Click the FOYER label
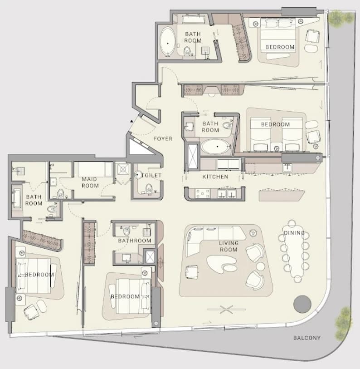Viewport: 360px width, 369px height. tap(163, 138)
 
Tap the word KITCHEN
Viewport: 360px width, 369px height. tap(215, 177)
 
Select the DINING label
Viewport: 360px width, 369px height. tap(294, 233)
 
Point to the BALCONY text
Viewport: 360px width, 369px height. tap(307, 338)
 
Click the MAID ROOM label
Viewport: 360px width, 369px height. tap(90, 182)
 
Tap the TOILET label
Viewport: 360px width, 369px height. tap(151, 175)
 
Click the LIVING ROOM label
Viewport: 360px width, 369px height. tap(229, 246)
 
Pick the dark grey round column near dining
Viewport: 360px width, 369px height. tap(302, 304)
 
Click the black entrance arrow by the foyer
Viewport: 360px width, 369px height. tap(131, 121)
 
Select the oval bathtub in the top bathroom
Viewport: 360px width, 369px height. tap(168, 42)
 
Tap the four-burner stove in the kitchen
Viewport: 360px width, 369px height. tap(203, 193)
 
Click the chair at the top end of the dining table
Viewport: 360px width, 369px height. tap(292, 223)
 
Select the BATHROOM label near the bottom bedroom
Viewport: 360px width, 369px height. tap(135, 241)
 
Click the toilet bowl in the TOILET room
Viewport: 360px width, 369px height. tap(149, 188)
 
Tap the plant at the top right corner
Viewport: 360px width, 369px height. tap(341, 18)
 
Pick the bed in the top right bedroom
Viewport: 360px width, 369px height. tap(278, 38)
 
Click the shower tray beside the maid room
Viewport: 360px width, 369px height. tap(123, 169)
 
